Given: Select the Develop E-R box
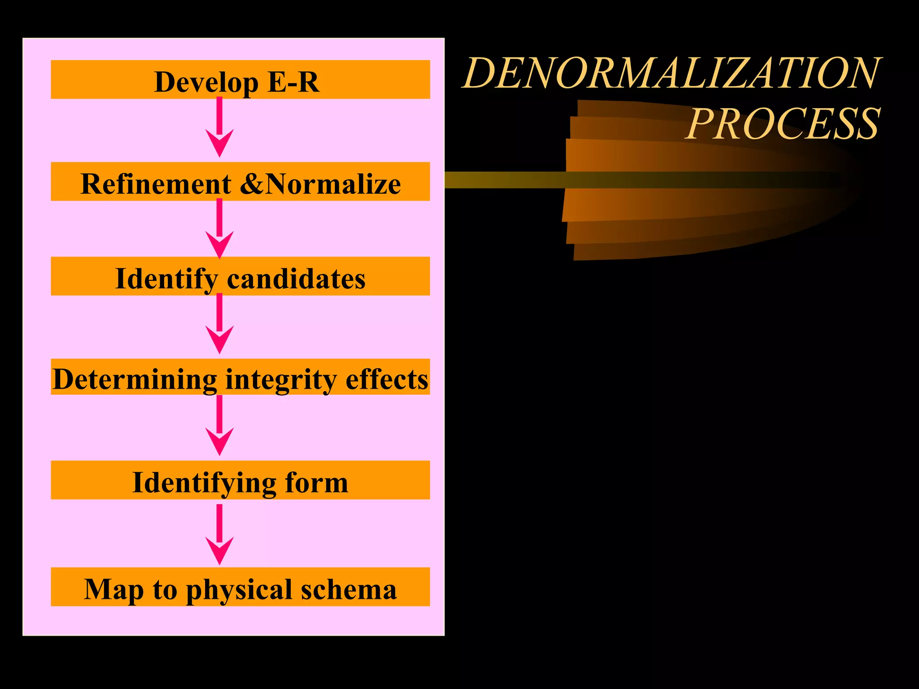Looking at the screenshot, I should pos(240,79).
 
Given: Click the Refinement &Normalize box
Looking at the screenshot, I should pos(240,182).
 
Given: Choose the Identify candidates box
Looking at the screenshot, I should pos(240,276).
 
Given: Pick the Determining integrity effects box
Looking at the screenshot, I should pos(240,377).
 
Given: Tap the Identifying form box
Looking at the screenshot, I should pos(240,480).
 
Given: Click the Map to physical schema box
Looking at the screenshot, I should pos(240,587).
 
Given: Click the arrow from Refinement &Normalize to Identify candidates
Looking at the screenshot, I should pos(219,229).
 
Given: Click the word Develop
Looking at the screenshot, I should pos(206,82).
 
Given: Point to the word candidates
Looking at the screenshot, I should pos(296,279).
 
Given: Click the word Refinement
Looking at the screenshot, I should pos(156,184).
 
